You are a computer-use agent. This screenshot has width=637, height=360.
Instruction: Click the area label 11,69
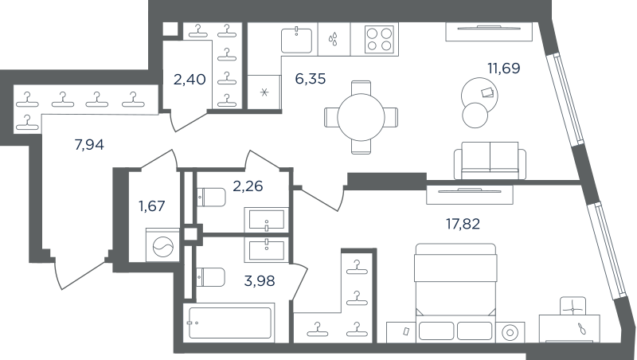pos(504,68)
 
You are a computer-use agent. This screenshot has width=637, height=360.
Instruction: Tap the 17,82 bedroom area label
pos(463,224)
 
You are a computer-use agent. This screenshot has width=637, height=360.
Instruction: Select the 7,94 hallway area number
pos(89,144)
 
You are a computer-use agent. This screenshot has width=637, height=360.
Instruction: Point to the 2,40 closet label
pos(190,79)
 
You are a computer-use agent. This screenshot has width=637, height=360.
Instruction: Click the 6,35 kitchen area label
pos(311,78)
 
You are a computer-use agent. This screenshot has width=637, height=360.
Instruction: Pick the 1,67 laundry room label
pos(151,206)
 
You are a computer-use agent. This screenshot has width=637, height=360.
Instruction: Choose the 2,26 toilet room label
pos(248,186)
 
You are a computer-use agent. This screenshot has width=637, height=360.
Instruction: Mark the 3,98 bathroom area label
pos(260,280)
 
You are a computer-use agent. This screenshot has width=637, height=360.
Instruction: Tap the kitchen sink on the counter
pos(296,41)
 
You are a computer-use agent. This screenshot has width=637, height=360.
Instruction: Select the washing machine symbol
pos(162,246)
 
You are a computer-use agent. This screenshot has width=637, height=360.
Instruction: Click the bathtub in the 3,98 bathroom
pos(229,323)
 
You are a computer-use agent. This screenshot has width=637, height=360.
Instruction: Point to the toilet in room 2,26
pos(211,197)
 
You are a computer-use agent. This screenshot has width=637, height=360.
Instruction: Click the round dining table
pos(361,117)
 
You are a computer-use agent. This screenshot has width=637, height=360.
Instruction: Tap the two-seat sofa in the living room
pos(490,161)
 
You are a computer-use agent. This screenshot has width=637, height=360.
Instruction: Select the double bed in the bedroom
pos(455,292)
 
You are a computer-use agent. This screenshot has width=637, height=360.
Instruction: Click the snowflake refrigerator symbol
pos(264,92)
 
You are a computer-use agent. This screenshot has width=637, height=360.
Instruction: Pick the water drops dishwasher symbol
pos(334,39)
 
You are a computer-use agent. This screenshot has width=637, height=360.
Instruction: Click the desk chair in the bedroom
pos(573,306)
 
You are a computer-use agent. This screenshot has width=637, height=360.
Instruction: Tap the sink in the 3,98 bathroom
pos(267,250)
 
